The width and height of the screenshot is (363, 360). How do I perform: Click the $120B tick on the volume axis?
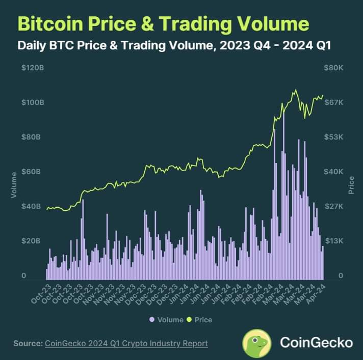[x=33, y=68]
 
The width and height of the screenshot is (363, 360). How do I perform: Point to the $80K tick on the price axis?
[x=333, y=68]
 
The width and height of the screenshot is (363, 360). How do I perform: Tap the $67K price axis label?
[x=333, y=102]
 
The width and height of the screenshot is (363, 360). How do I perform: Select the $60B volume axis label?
[x=31, y=172]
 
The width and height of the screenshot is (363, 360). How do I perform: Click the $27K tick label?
[x=333, y=206]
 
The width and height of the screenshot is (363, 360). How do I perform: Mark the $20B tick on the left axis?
[x=31, y=241]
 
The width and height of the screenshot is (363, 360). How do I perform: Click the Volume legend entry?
[x=166, y=320]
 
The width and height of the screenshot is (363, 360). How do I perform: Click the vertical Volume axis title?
[x=14, y=185]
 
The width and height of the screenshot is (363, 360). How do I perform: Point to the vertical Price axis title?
[x=351, y=185]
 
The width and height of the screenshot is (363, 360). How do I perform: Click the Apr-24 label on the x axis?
[x=316, y=294]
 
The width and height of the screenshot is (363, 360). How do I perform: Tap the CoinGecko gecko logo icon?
[x=257, y=343]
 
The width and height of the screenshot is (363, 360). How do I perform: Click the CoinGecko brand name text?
[x=316, y=342]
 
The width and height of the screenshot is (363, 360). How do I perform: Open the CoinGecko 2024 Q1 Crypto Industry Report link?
[x=126, y=343]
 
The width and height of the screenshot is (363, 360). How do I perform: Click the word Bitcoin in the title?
[x=50, y=23]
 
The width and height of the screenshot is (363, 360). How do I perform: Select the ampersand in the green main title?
[x=147, y=23]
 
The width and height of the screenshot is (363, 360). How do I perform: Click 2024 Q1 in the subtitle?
[x=306, y=45]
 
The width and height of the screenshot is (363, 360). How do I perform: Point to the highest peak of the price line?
[x=296, y=90]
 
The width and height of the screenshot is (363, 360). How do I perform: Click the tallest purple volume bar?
[x=283, y=196]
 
